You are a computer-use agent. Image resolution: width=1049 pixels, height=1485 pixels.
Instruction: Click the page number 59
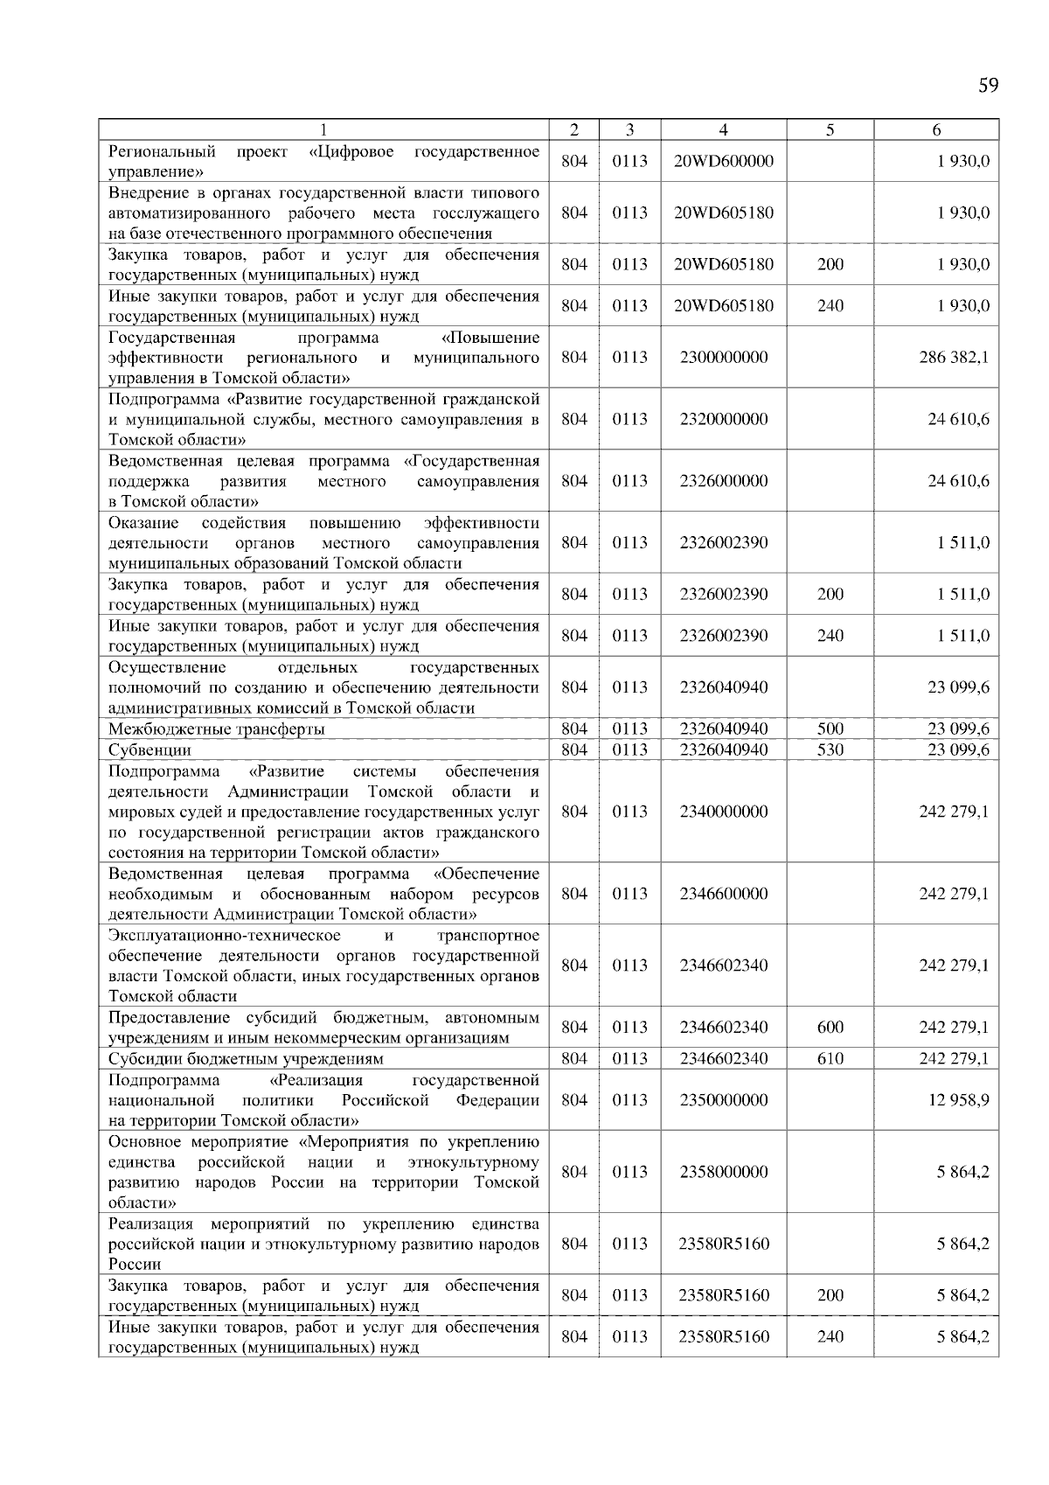pyautogui.click(x=988, y=85)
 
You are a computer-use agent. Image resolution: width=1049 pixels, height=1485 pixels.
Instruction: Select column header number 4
pyautogui.click(x=723, y=129)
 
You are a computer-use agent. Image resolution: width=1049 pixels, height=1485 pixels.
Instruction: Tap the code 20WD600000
pyautogui.click(x=723, y=161)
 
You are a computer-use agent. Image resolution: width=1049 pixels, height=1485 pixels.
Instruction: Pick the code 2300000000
pyautogui.click(x=723, y=357)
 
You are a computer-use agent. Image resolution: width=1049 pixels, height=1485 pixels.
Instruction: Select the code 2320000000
pyautogui.click(x=723, y=419)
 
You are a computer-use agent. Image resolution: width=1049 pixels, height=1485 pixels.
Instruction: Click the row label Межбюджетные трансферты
pyautogui.click(x=217, y=729)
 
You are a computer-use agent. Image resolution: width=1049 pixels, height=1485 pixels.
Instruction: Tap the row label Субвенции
pyautogui.click(x=149, y=749)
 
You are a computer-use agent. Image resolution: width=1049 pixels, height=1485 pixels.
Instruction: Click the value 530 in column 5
pyautogui.click(x=830, y=749)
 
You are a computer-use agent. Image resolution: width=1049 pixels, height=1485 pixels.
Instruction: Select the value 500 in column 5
pyautogui.click(x=830, y=729)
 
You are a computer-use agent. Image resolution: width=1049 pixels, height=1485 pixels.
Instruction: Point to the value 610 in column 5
pyautogui.click(x=830, y=1058)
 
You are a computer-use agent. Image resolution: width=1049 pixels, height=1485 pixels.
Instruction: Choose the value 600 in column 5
pyautogui.click(x=830, y=1028)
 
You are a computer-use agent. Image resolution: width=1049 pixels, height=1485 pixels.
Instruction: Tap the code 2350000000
pyautogui.click(x=723, y=1099)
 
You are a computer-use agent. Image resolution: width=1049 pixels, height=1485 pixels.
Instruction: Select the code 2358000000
pyautogui.click(x=723, y=1172)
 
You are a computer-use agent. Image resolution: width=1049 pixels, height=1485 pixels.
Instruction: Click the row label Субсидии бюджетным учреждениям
pyautogui.click(x=246, y=1058)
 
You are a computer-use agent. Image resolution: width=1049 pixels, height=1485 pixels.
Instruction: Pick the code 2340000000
pyautogui.click(x=723, y=812)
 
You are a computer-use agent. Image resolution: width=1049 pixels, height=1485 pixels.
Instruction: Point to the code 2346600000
pyautogui.click(x=723, y=894)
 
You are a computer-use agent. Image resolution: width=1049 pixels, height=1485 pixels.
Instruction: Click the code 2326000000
pyautogui.click(x=723, y=481)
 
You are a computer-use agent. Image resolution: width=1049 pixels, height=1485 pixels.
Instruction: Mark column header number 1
pyautogui.click(x=323, y=129)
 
